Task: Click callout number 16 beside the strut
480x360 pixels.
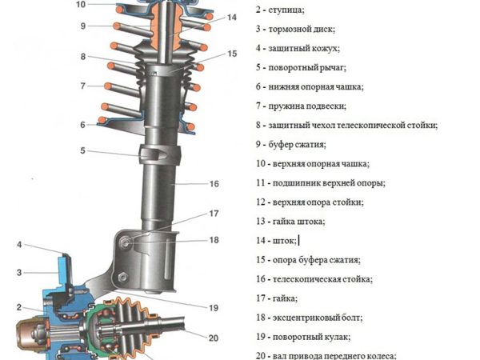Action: point(214,184)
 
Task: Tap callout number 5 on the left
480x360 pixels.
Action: point(82,150)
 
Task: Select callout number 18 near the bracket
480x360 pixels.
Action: point(214,240)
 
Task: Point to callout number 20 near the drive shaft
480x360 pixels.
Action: point(214,338)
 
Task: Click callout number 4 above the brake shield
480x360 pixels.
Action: point(19,245)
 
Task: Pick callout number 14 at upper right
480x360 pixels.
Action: point(232,17)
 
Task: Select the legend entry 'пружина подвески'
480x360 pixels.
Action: point(302,106)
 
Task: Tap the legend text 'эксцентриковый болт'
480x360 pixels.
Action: point(310,318)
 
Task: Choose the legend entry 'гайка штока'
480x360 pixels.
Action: point(290,222)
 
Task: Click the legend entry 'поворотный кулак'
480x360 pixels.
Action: point(303,337)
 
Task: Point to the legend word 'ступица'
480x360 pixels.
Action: point(286,10)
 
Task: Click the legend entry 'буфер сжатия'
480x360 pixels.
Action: point(291,145)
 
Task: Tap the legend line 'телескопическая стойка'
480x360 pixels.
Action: point(314,279)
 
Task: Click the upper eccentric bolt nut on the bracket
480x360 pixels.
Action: point(125,242)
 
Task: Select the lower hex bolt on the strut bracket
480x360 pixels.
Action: point(122,277)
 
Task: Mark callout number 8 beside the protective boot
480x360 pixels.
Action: point(83,57)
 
